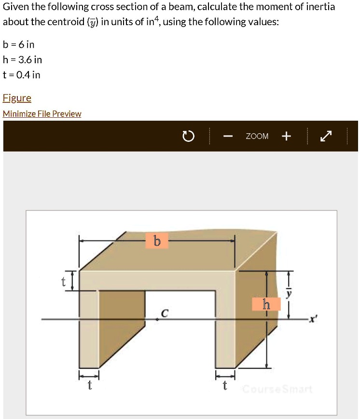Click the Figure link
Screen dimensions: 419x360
pos(17,98)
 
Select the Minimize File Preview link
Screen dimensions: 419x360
pos(42,114)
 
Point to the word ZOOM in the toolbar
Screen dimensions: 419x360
pos(257,137)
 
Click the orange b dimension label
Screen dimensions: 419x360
pos(157,240)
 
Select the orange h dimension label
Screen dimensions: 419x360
pos(266,304)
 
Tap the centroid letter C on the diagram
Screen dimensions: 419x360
pos(164,313)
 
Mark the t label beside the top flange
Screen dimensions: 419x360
pos(63,282)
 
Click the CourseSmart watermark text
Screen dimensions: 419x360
pos(277,389)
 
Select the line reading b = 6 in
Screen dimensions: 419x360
pos(19,45)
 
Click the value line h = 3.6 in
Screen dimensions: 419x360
pos(22,60)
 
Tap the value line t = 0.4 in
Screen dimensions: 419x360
pos(22,75)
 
